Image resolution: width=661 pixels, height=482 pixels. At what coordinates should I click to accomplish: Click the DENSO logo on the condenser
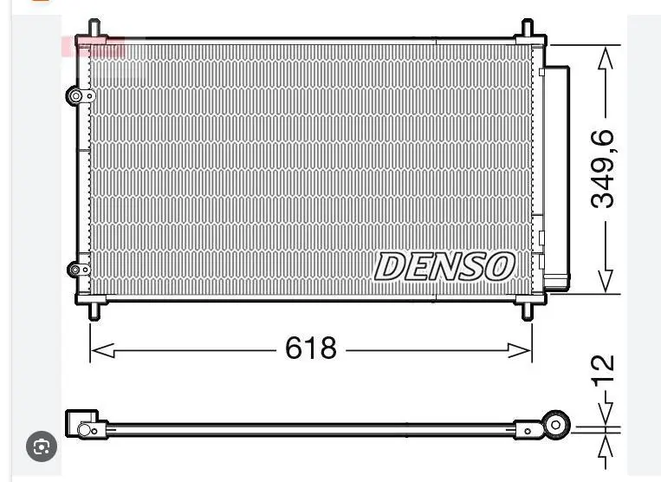[444, 267]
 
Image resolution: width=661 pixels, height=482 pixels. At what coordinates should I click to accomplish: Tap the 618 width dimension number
[310, 348]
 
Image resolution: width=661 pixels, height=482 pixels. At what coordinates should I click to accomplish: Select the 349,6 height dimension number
[603, 169]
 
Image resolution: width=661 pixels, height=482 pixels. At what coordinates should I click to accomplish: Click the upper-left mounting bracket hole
[75, 96]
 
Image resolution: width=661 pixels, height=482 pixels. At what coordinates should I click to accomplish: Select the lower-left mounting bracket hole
[75, 270]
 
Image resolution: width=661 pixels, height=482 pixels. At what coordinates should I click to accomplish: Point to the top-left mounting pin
[94, 28]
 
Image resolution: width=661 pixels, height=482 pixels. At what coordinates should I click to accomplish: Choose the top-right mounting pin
[528, 28]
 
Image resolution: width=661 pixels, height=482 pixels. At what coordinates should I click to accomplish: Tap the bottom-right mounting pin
[528, 309]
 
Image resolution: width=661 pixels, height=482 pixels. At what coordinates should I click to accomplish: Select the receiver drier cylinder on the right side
[557, 173]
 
